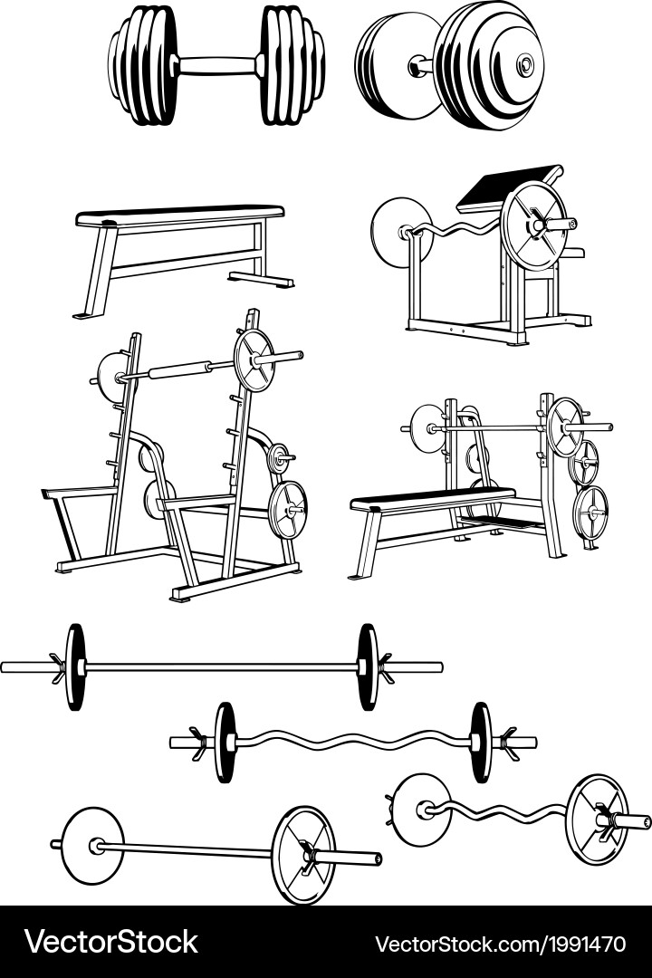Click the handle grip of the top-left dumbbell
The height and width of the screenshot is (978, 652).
coord(217,65)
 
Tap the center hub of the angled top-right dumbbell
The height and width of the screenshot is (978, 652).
coord(525,63)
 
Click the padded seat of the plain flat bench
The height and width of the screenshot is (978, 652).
coord(179,216)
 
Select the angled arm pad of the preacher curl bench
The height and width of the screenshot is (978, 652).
coord(510,187)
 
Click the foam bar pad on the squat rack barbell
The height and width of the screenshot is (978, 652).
coord(181,370)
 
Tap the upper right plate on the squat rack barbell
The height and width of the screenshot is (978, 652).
coord(254,360)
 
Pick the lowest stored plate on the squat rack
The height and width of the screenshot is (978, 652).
coord(288,510)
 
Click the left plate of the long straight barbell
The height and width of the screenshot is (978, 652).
coord(75,666)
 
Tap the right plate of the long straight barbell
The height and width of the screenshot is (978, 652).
coord(369,666)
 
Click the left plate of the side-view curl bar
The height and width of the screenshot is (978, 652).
coord(224,743)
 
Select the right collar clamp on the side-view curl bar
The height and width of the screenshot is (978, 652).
coord(506,743)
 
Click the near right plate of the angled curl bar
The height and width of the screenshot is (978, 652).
coord(597,820)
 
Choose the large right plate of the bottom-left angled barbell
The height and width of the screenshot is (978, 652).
coord(304,855)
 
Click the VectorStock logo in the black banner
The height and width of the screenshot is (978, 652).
coord(111,942)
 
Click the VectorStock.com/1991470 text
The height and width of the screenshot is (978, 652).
coord(501,943)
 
